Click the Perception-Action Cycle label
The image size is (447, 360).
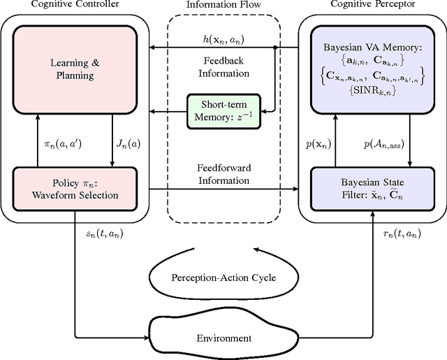coord(223,278)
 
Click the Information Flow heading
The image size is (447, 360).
coord(223,6)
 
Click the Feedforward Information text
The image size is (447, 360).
coord(223,174)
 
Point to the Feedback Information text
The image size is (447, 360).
coord(223,66)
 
